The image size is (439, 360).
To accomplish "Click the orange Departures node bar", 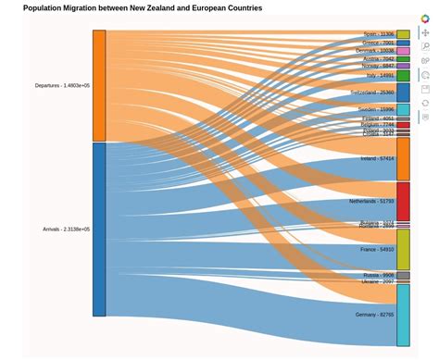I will point(99,85).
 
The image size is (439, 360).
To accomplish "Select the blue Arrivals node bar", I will point(99,229).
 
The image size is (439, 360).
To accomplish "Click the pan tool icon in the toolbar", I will point(425,32).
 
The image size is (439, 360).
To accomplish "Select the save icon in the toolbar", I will point(425,89).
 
